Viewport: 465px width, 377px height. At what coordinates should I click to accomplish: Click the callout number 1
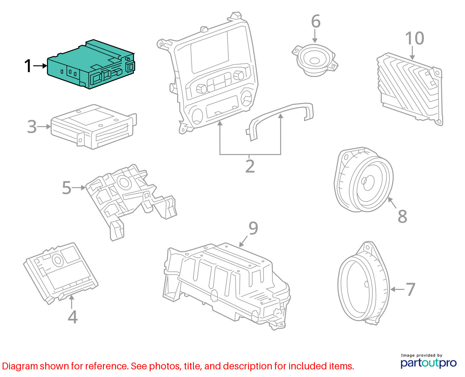click(x=28, y=65)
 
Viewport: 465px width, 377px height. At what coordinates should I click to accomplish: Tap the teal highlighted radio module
click(x=91, y=64)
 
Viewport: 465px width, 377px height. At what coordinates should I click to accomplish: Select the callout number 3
click(x=32, y=127)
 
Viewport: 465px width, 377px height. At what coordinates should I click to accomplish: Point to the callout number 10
click(x=414, y=38)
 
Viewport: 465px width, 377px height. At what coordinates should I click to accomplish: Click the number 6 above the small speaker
click(x=316, y=21)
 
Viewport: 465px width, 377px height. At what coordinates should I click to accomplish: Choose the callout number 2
click(x=250, y=166)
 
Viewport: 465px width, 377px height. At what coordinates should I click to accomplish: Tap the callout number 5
click(x=66, y=187)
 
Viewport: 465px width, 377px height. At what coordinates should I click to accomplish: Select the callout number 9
click(x=253, y=228)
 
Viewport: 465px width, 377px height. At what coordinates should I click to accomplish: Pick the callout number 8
click(x=402, y=216)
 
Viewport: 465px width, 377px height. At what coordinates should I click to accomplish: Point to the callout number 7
click(x=410, y=289)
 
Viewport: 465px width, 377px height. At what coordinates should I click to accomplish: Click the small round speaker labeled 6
click(x=315, y=60)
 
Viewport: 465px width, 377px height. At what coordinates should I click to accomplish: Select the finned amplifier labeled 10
click(x=410, y=89)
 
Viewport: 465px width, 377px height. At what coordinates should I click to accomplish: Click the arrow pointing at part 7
click(x=397, y=290)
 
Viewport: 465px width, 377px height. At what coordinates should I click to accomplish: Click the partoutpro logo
click(x=429, y=363)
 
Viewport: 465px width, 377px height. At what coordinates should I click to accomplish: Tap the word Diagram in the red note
click(x=20, y=366)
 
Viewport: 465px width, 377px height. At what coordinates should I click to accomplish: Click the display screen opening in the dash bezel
click(x=210, y=52)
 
